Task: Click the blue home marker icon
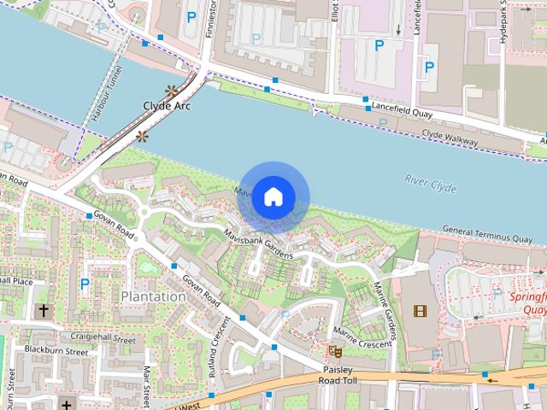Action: (x=273, y=196)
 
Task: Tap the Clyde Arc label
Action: (x=166, y=106)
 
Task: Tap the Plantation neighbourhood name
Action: (x=153, y=296)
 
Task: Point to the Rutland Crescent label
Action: (x=220, y=346)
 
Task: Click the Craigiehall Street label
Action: (x=103, y=339)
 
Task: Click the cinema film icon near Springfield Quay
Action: (x=418, y=310)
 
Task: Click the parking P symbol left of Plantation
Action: (x=85, y=283)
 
